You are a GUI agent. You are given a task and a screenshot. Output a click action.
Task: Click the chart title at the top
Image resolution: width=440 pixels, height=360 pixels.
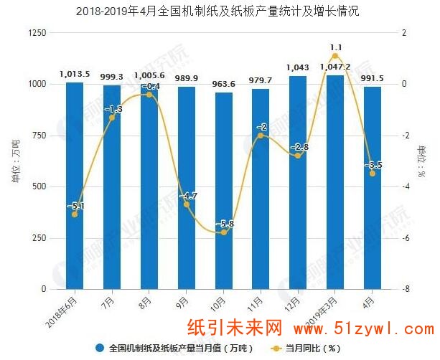pos(220,12)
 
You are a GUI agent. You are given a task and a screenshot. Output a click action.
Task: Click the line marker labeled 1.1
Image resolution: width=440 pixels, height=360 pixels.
pos(335,56)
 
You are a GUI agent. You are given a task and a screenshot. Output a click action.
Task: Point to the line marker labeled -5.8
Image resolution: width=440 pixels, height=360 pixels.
pos(223,232)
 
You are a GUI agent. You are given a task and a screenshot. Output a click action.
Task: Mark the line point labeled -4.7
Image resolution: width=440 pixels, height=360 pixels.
pos(187,204)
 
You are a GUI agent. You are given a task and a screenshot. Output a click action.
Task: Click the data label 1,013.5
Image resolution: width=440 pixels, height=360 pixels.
pos(75,73)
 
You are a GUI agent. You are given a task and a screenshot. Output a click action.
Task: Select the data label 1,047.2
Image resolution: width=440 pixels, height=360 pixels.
pos(335,66)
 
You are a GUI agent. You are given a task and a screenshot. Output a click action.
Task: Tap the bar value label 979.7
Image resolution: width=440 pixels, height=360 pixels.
pos(261,80)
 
